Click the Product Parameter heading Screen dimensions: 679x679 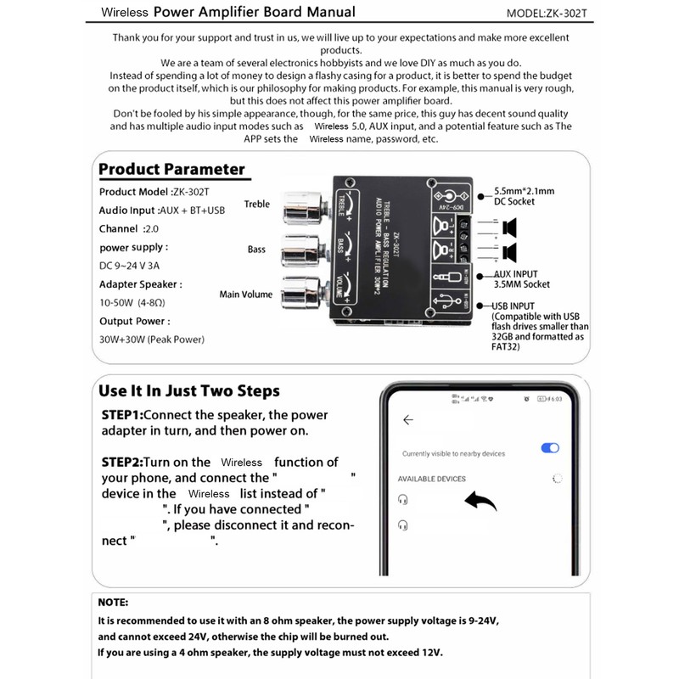[x=171, y=169]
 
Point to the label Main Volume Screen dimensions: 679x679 [x=246, y=295]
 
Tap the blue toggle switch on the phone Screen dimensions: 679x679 [x=550, y=448]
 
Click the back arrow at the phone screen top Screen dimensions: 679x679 [x=408, y=419]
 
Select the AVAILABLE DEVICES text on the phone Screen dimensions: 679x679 [x=432, y=479]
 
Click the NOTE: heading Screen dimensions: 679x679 [x=114, y=602]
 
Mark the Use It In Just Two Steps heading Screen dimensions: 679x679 [x=188, y=391]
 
